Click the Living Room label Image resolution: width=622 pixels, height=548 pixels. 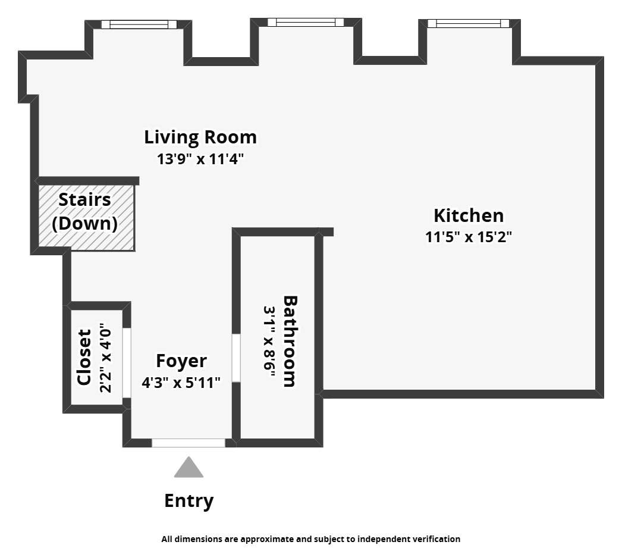point(200,137)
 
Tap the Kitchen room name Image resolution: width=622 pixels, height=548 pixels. point(468,215)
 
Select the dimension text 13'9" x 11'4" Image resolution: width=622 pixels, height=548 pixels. point(200,159)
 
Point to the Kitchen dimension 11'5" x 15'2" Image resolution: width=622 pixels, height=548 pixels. point(468,237)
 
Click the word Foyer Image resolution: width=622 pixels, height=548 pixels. point(181,361)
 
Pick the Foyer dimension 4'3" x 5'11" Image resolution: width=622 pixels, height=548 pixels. point(181,382)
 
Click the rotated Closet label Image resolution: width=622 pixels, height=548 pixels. point(84,357)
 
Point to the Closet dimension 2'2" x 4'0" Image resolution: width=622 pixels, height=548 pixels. point(105,358)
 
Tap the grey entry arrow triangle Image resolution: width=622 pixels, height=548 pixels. point(189,468)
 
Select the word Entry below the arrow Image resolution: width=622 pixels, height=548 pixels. point(189,501)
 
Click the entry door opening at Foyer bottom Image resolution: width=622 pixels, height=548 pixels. point(189,443)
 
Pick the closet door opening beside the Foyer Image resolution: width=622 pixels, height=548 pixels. point(126,362)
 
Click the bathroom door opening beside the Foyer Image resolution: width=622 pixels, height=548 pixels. point(236,358)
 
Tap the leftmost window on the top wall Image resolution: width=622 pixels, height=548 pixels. point(139,24)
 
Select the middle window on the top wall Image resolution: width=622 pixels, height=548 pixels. point(306,23)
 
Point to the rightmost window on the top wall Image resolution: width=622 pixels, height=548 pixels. point(468,23)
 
